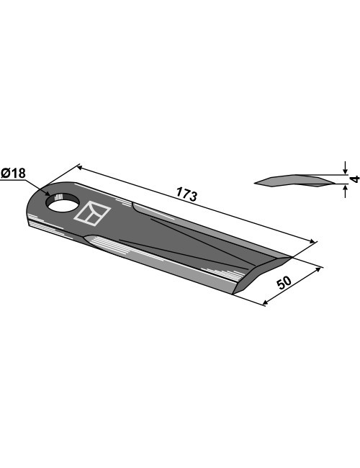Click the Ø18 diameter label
point(14,173)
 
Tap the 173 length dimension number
point(186,194)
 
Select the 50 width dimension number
point(284,283)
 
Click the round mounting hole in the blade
point(63,202)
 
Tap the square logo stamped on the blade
point(92,213)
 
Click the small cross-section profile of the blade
point(294,181)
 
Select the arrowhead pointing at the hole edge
point(48,194)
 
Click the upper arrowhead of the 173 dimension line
point(80,168)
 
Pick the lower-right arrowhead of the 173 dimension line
point(311,241)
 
